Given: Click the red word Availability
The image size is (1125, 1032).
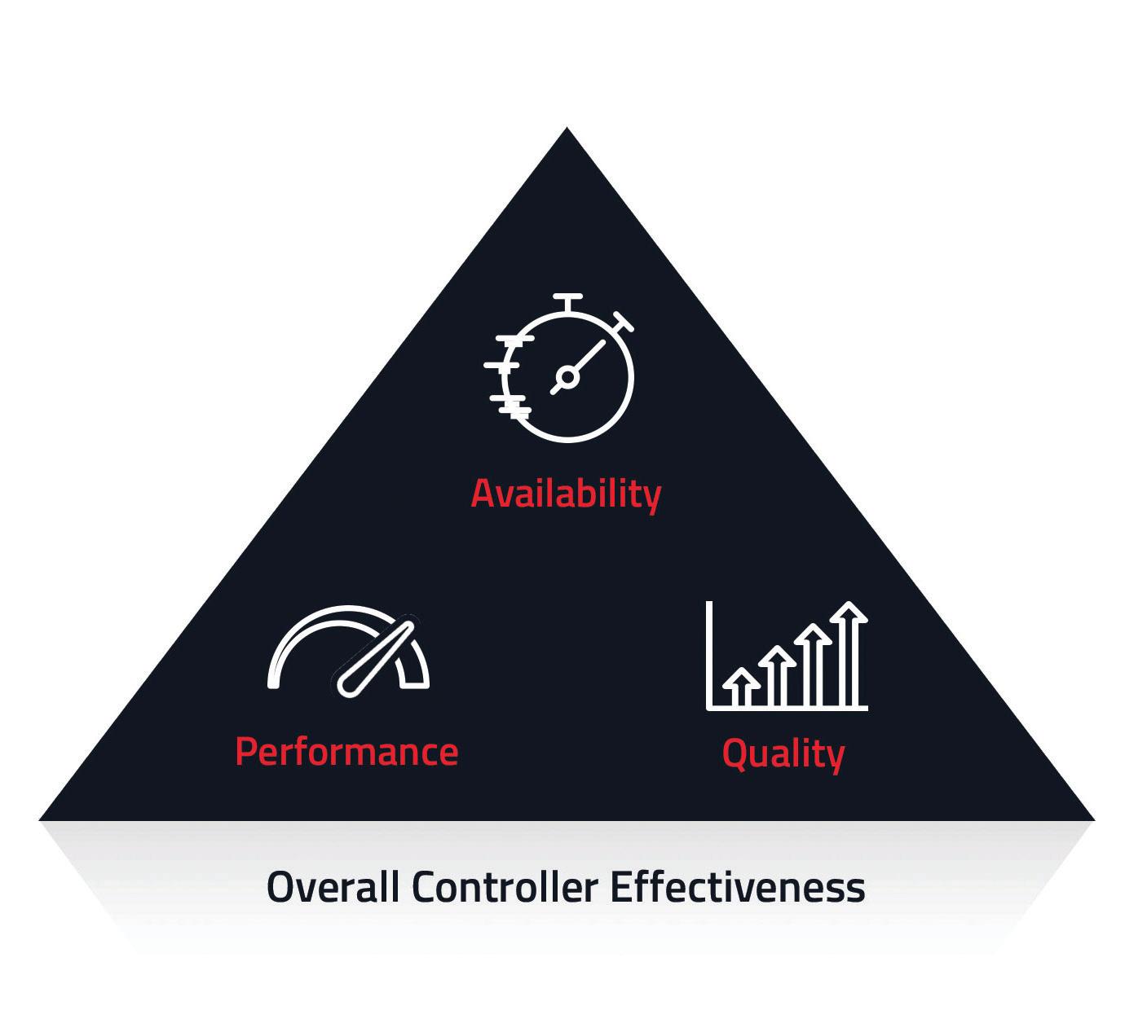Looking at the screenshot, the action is pos(565,494).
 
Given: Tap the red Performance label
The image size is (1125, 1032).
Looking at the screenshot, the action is pos(346,751).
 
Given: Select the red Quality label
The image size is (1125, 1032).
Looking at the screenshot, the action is pos(783,753).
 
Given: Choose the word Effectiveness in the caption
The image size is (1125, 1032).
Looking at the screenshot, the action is pos(738,886).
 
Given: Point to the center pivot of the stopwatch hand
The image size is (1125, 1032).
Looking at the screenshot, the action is pos(567,376).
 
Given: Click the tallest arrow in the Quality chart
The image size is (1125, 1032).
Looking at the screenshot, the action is pos(851,652).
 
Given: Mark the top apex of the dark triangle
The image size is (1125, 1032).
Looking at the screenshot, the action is pos(567,130).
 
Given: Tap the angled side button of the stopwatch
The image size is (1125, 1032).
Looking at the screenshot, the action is pos(624,322).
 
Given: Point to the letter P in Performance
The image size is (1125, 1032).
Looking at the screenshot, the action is pos(246,751).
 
